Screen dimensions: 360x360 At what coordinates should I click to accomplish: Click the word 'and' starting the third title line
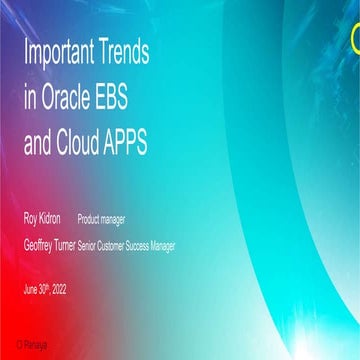point(39,143)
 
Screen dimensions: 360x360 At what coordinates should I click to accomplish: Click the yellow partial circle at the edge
point(355,39)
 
